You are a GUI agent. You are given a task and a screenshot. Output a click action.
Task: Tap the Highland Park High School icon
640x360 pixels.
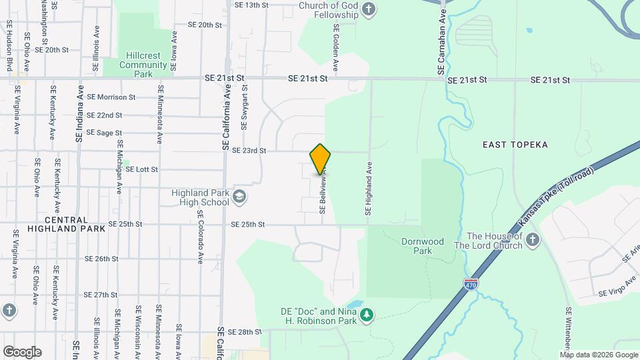coord(239,197)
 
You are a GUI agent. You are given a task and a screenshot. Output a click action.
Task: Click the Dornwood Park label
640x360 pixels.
coord(423,246)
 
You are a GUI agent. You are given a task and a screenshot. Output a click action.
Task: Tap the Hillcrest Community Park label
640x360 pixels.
coord(143,65)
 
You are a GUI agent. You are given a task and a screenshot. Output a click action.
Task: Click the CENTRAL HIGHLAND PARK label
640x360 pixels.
coord(67,224)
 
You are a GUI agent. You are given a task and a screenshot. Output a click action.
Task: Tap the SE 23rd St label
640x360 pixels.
coord(249,151)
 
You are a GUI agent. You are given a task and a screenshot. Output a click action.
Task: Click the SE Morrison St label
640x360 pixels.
coord(111,97)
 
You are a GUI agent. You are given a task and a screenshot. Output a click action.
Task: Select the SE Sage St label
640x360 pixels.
coord(104,133)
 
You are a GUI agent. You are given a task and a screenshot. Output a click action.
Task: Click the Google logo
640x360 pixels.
coord(22,351)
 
